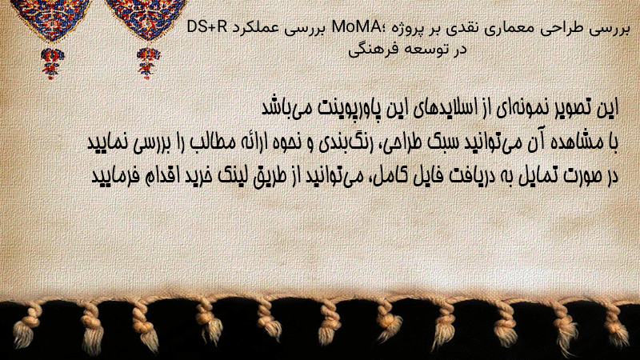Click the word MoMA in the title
click(356, 27)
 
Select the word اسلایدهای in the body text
click(445, 108)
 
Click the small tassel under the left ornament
click(52, 63)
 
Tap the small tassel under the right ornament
click(148, 63)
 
